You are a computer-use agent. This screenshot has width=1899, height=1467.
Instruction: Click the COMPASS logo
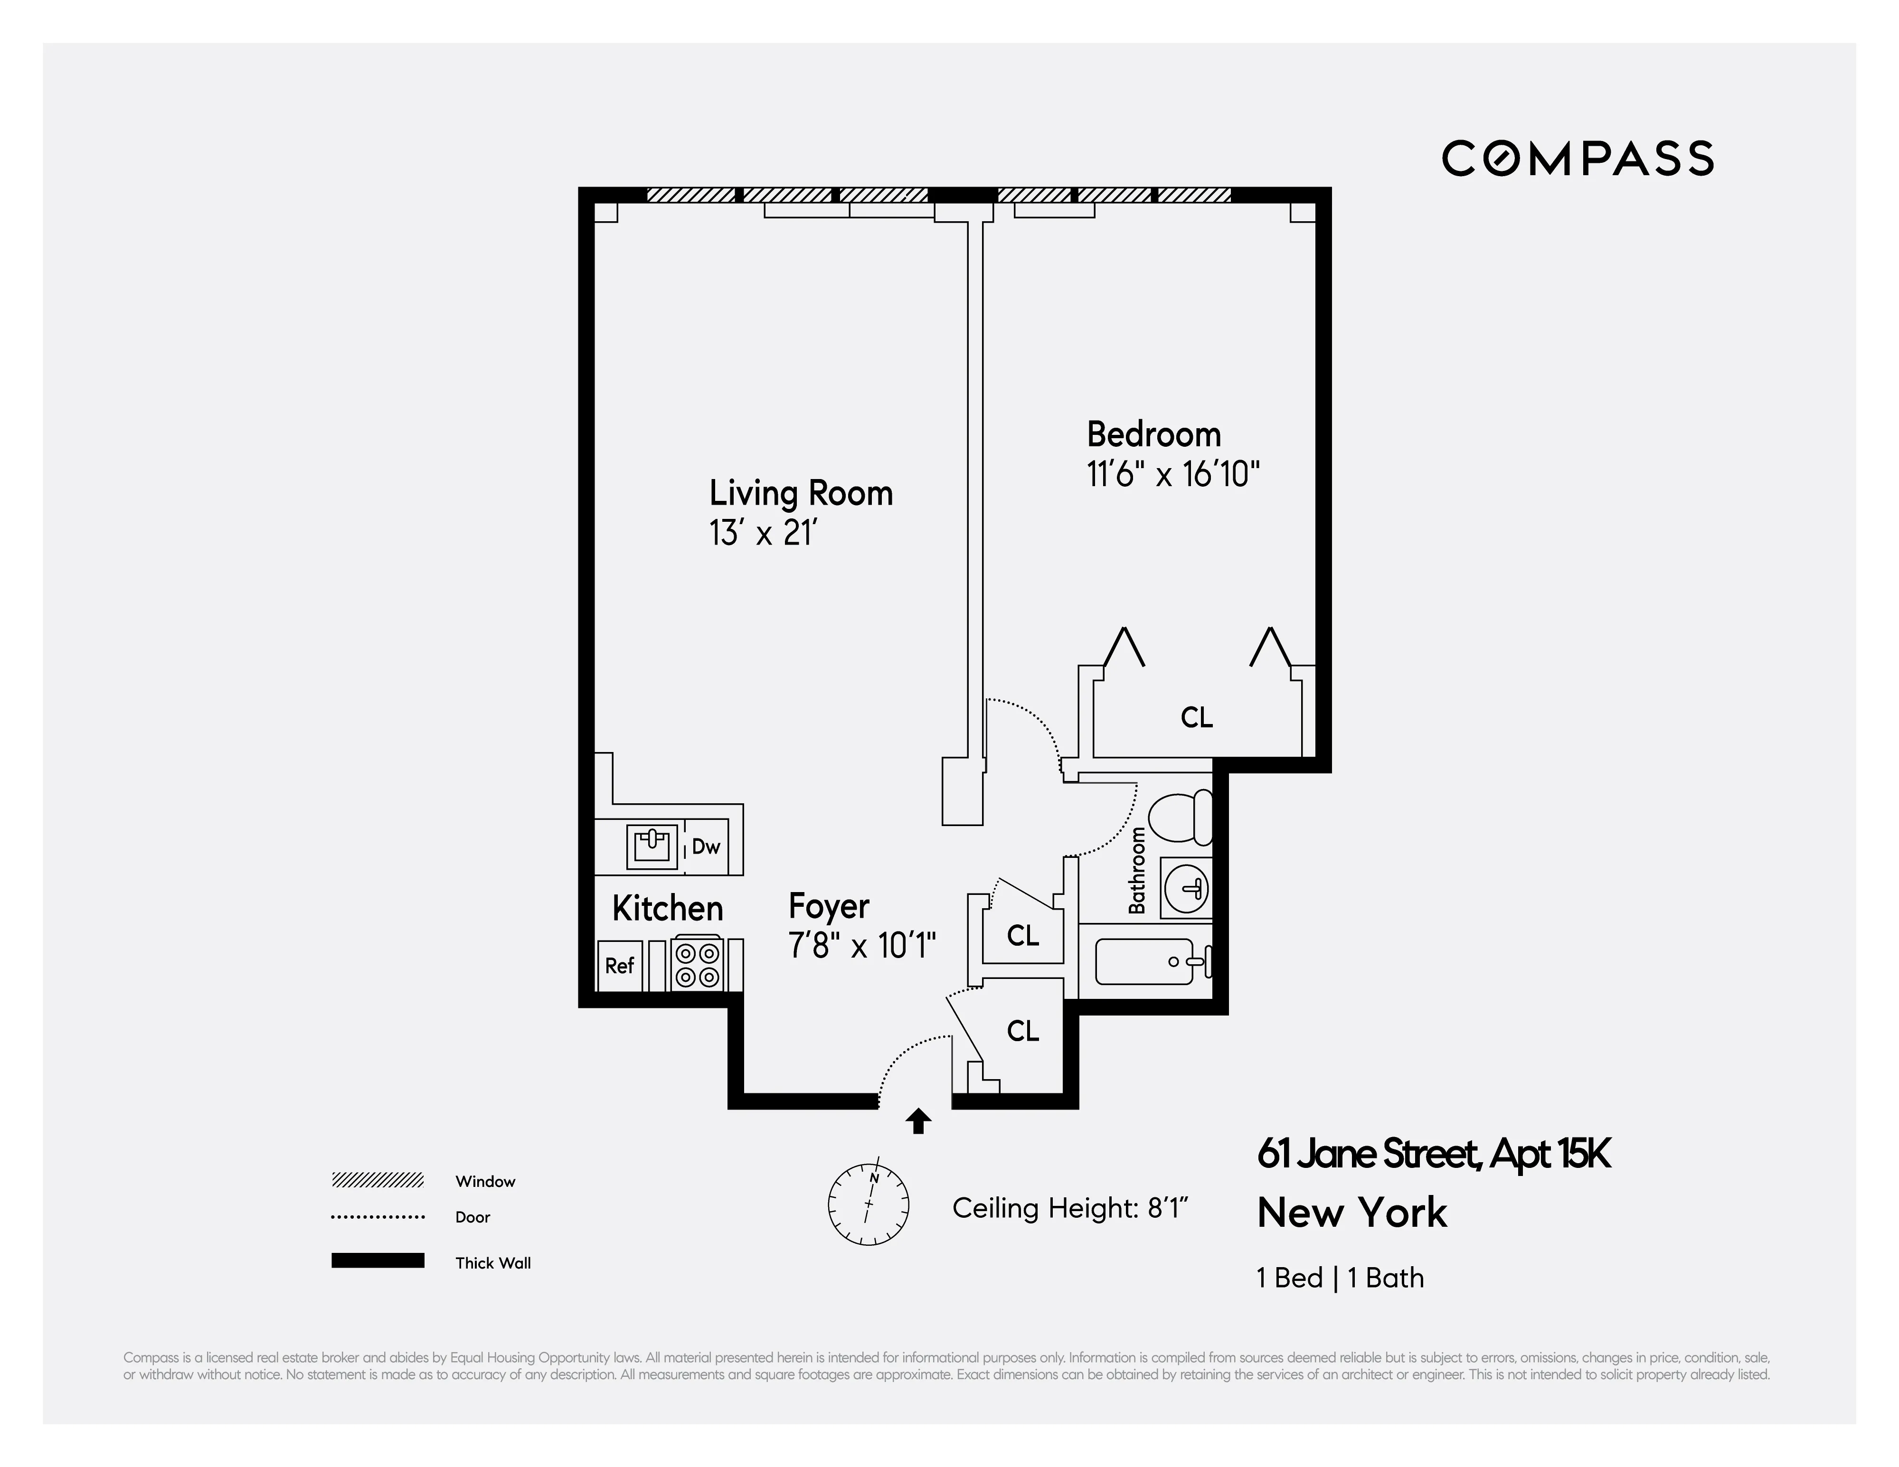[1578, 158]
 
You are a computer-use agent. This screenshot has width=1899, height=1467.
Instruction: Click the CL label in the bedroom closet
[1197, 718]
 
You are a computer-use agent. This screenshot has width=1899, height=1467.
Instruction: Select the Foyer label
[829, 906]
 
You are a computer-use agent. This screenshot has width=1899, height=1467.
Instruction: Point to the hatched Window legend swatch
[378, 1180]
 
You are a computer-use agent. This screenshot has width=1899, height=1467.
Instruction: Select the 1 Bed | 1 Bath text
[1340, 1278]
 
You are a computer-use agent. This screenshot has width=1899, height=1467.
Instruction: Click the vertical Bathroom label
[1136, 871]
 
